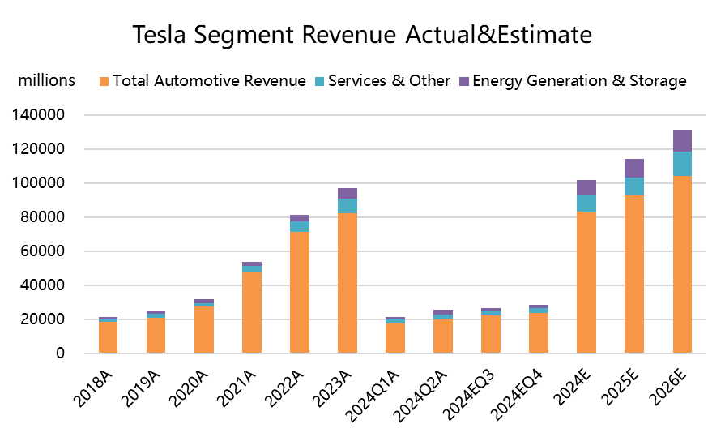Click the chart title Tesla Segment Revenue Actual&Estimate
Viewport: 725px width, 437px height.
tap(362, 36)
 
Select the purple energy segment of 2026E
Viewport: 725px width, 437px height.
tap(682, 140)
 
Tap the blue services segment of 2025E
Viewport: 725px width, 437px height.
tap(634, 186)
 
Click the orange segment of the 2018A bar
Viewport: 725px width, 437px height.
tap(109, 337)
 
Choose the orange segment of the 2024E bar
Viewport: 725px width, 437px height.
tap(586, 282)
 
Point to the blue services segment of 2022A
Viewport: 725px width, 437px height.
tap(300, 226)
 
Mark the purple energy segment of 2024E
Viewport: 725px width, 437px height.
tap(586, 187)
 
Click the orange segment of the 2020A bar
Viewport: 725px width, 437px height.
tap(204, 329)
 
